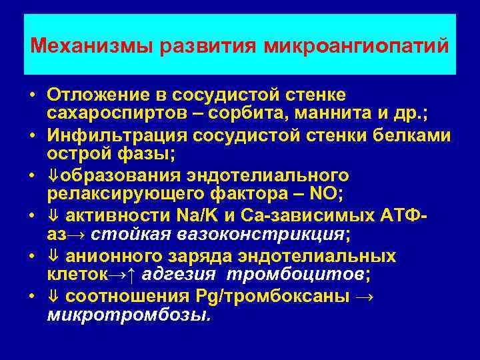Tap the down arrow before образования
click(x=53, y=177)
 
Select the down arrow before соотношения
click(x=53, y=297)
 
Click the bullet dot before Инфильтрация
click(x=32, y=137)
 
